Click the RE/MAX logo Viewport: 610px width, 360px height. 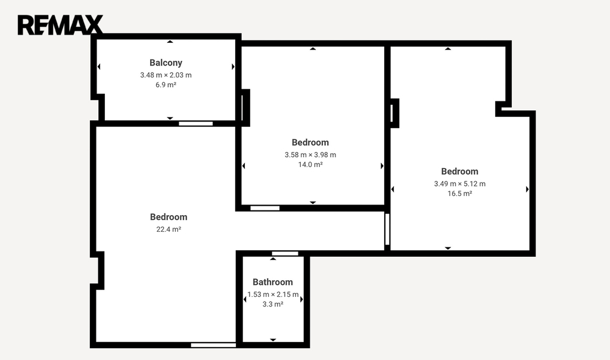coord(60,25)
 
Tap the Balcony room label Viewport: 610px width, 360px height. coord(166,63)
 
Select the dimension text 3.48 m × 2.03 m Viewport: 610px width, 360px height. coord(166,75)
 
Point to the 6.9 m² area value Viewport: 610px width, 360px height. coord(166,85)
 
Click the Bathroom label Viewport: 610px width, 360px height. coord(273,282)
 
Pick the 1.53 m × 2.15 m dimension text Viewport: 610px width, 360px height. coord(273,294)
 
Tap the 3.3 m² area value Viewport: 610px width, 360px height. coord(273,304)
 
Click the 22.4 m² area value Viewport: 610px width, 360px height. coord(169,229)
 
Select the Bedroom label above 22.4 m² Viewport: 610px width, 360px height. coord(169,217)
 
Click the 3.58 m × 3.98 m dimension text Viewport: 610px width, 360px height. coord(310,154)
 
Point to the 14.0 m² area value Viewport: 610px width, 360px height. coord(310,165)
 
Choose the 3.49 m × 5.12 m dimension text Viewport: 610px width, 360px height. coord(459,184)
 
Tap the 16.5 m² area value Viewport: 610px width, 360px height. coord(459,194)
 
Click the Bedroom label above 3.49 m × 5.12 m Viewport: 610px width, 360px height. coord(459,171)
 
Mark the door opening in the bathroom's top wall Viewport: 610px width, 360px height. coord(285,253)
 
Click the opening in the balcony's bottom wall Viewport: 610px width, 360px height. coord(195,123)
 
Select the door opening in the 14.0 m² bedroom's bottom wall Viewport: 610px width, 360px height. coord(265,208)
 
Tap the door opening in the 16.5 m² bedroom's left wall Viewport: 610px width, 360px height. coord(387,229)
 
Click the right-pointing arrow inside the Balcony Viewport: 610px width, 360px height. coord(233,67)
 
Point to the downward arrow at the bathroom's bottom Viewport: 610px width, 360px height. coord(273,340)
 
